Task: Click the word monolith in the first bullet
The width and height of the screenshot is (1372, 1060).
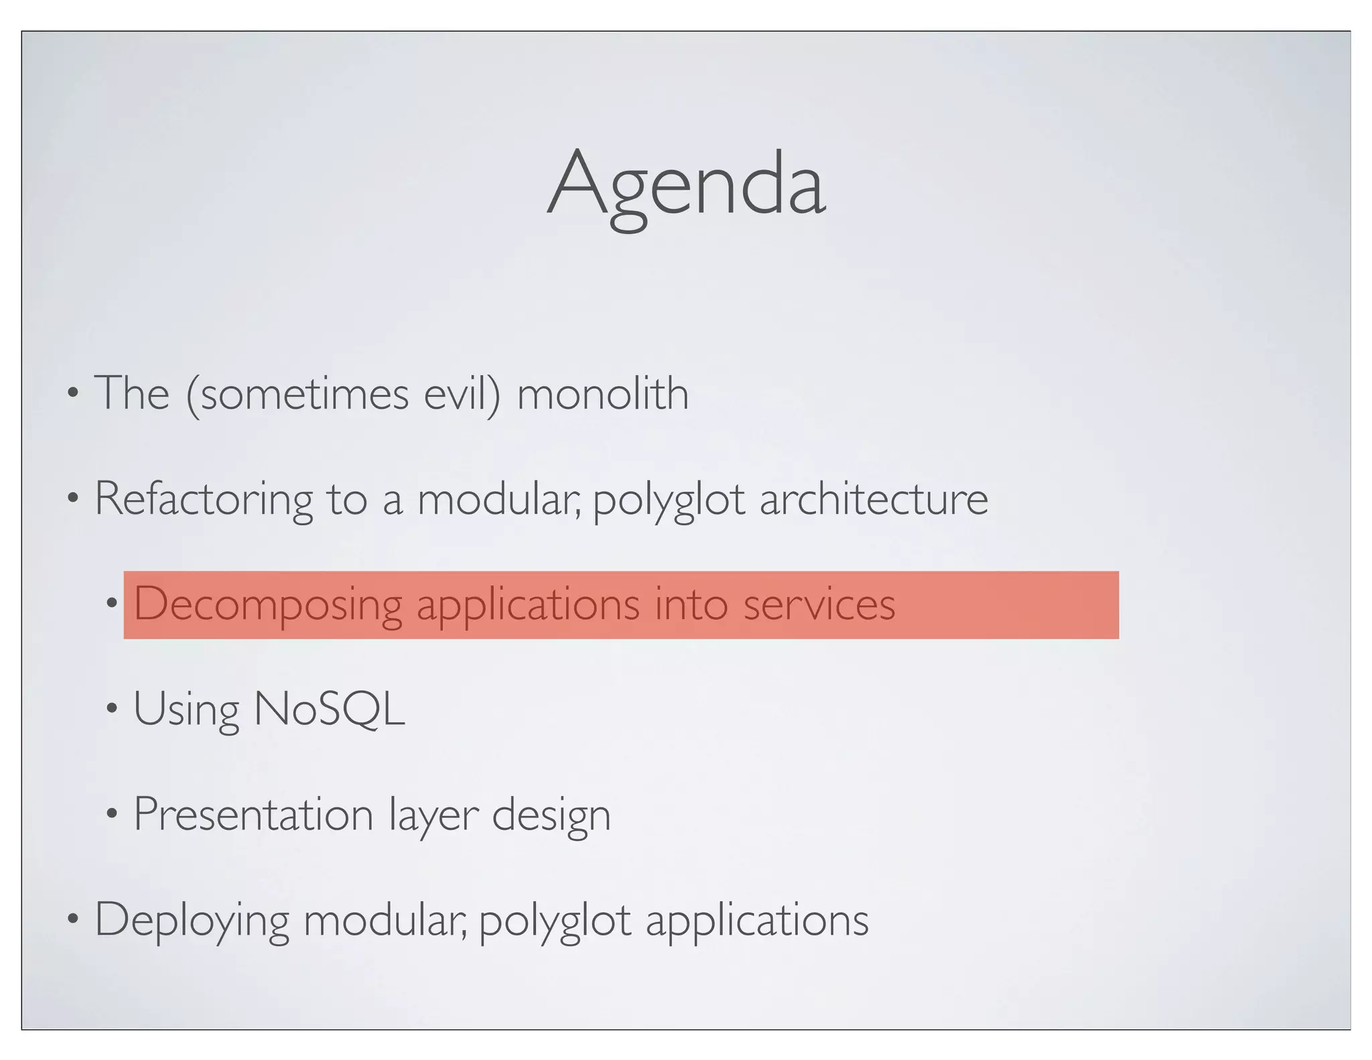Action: coord(602,394)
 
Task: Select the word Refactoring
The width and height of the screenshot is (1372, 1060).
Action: coord(203,499)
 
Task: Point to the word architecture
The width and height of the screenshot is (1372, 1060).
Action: coord(873,499)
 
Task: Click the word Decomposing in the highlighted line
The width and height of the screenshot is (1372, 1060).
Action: coord(267,604)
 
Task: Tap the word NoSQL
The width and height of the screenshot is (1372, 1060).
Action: coord(329,709)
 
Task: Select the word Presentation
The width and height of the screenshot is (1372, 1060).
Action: coord(253,815)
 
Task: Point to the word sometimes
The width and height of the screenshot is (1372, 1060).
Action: coord(305,394)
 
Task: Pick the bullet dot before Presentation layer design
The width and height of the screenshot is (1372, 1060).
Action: coord(111,814)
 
